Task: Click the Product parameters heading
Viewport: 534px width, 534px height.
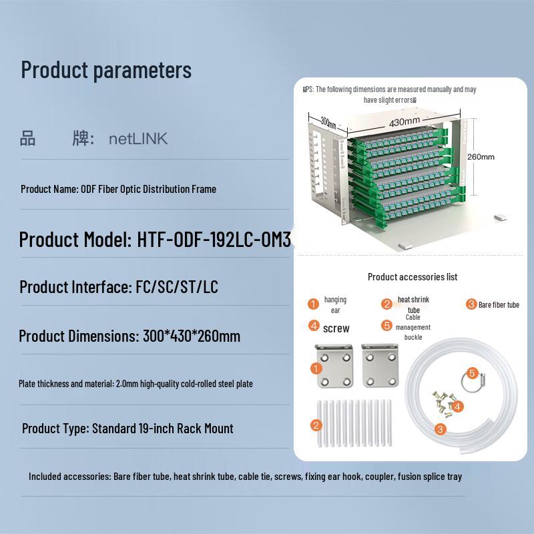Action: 106,70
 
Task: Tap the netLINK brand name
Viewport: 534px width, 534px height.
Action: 138,139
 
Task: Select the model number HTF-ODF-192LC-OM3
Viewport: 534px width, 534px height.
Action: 214,240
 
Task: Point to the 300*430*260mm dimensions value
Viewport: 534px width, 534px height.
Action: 192,336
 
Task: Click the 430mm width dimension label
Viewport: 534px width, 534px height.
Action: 404,122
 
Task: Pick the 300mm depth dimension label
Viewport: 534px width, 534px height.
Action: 328,122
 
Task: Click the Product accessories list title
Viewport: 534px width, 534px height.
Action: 413,276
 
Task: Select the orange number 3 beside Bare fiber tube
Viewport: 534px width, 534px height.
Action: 471,304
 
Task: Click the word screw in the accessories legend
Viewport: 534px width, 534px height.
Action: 336,328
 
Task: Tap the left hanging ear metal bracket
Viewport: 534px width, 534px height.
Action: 330,366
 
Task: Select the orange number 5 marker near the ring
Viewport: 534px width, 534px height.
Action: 472,373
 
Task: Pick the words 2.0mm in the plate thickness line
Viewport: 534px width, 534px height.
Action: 126,384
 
